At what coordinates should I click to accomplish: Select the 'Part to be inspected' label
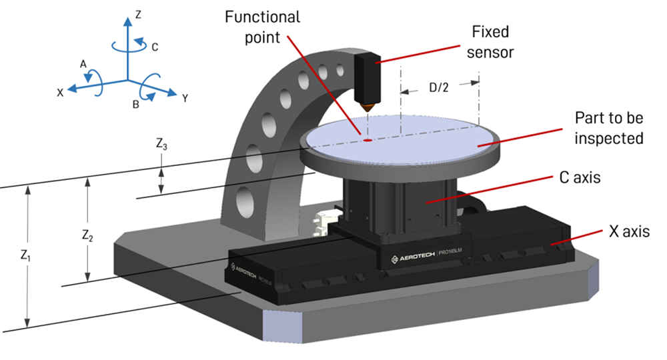click(609, 128)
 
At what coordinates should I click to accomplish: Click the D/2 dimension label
click(439, 87)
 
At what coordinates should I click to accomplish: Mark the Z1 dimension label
click(25, 255)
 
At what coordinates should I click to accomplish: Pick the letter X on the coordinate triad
click(60, 93)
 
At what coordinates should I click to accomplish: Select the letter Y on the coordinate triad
click(184, 98)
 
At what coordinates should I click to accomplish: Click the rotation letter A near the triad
click(83, 63)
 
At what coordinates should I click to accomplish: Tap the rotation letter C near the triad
click(155, 47)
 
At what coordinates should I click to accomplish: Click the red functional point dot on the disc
click(367, 140)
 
